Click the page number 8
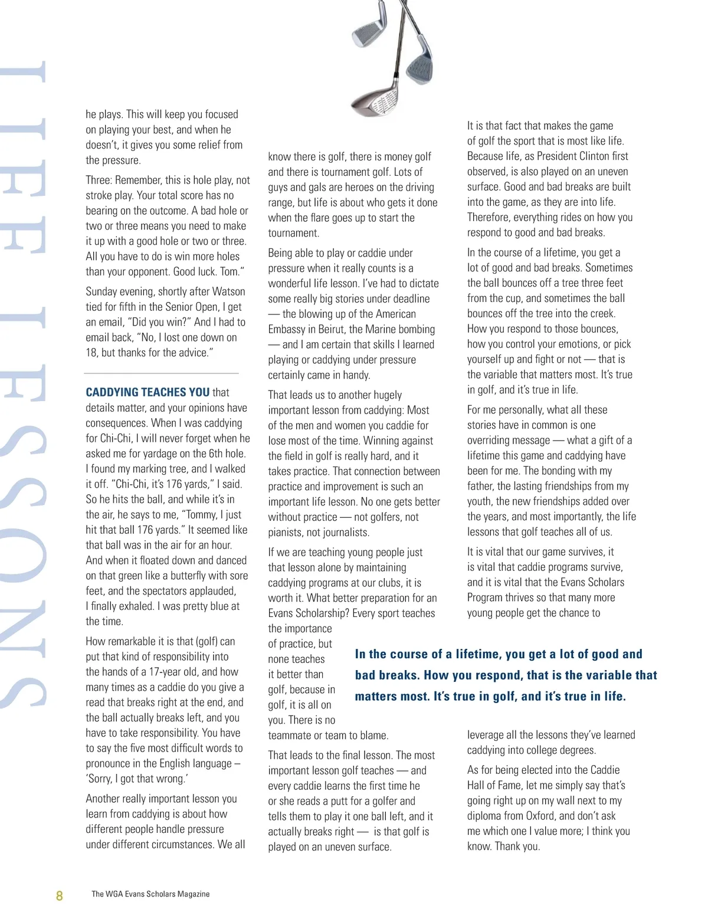click(x=59, y=895)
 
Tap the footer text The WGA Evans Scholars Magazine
click(x=150, y=894)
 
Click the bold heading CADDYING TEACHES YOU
click(x=147, y=392)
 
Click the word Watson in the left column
click(x=228, y=291)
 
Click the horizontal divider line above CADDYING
click(x=161, y=373)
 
